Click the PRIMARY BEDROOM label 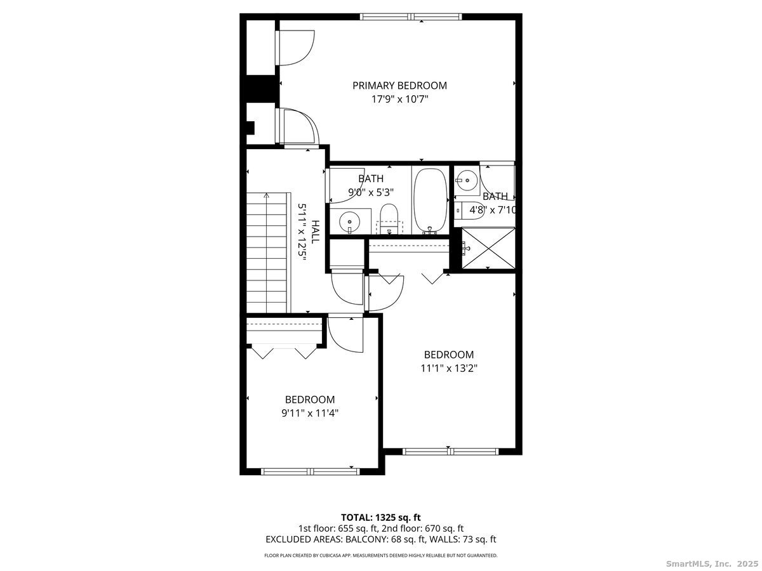tap(399, 85)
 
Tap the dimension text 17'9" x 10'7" tap(399, 99)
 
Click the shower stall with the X tap(487, 248)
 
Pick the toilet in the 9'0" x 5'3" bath tap(388, 218)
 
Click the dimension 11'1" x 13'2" tap(449, 368)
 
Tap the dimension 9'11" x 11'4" tap(309, 413)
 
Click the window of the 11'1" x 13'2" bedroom tap(450, 452)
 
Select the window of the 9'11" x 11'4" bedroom tap(311, 471)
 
